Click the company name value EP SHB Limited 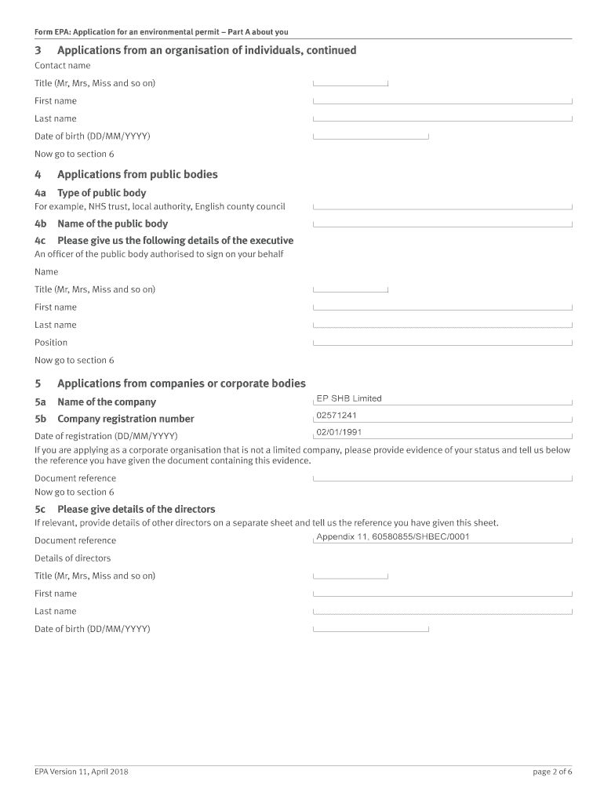coord(348,398)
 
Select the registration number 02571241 coord(337,416)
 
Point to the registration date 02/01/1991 coord(339,432)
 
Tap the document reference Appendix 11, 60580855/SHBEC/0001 coord(392,537)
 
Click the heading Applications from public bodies coord(137,174)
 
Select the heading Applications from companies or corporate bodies coord(181,383)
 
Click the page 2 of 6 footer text coord(552,772)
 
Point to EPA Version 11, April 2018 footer coord(82,772)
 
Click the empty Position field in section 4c coord(442,342)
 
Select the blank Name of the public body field coord(442,223)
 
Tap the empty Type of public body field coord(442,206)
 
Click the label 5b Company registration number coord(114,419)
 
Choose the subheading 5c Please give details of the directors coord(125,509)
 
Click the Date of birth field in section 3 coord(370,136)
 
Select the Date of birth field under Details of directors coord(370,628)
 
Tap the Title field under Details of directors coord(350,576)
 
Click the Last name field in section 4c coord(442,325)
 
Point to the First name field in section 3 coord(442,100)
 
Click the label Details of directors coord(72,558)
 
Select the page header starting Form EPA coord(162,32)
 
